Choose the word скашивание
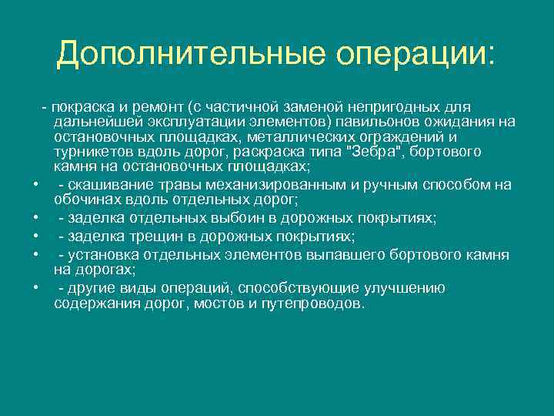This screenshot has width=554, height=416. point(103,183)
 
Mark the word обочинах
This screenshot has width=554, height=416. point(85,199)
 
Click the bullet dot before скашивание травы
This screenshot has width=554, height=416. point(35,185)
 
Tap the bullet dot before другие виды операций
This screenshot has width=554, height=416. point(35,290)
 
